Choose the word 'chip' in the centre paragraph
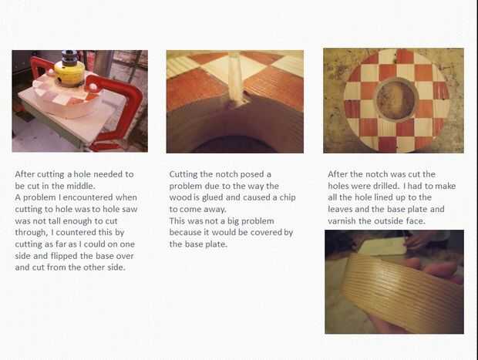point(288,198)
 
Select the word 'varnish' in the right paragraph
point(342,220)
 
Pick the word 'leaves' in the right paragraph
point(340,209)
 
